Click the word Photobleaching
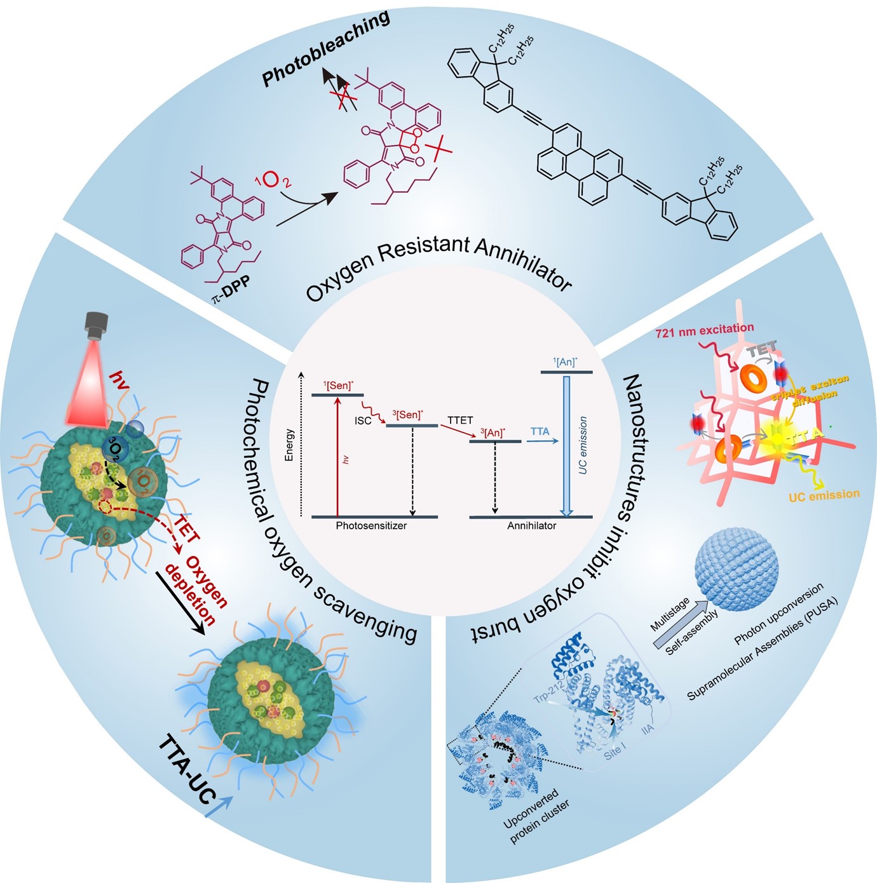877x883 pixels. (x=326, y=48)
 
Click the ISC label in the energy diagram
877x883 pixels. (x=363, y=421)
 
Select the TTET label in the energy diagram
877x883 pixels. (x=459, y=420)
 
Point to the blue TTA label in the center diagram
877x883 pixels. (x=540, y=432)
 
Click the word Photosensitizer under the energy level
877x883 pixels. (x=371, y=525)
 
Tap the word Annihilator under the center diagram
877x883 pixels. (x=531, y=525)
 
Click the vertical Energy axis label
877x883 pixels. (x=290, y=444)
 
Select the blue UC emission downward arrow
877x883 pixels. (x=567, y=445)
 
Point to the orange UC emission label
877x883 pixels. (x=824, y=495)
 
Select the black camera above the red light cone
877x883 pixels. (x=97, y=324)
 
